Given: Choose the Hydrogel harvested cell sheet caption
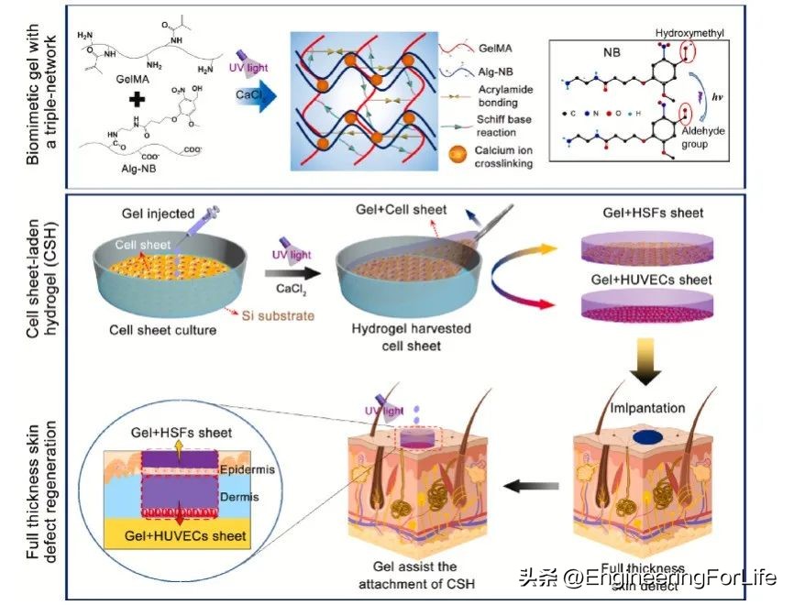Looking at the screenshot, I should click(x=392, y=337).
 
